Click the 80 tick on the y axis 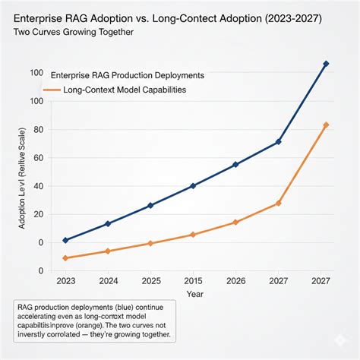pyautogui.click(x=34, y=130)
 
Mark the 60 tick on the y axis pyautogui.click(x=34, y=158)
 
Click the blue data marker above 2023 pyautogui.click(x=65, y=240)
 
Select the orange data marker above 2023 pyautogui.click(x=65, y=258)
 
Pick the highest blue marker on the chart pyautogui.click(x=326, y=64)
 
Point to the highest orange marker pyautogui.click(x=326, y=125)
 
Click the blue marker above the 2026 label pyautogui.click(x=235, y=165)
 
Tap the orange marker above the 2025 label pyautogui.click(x=150, y=243)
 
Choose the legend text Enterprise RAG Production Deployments pyautogui.click(x=127, y=75)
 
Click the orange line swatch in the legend pyautogui.click(x=52, y=90)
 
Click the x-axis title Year pyautogui.click(x=195, y=292)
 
